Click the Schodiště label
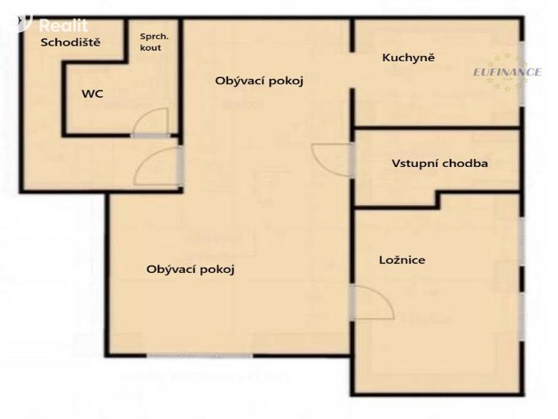pyautogui.click(x=71, y=42)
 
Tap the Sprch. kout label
pyautogui.click(x=154, y=42)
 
